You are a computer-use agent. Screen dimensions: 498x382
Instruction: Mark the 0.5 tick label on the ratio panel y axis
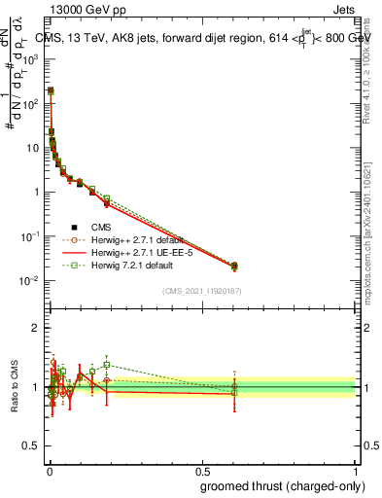[33, 446]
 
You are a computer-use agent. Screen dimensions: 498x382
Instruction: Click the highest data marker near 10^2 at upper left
[51, 90]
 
